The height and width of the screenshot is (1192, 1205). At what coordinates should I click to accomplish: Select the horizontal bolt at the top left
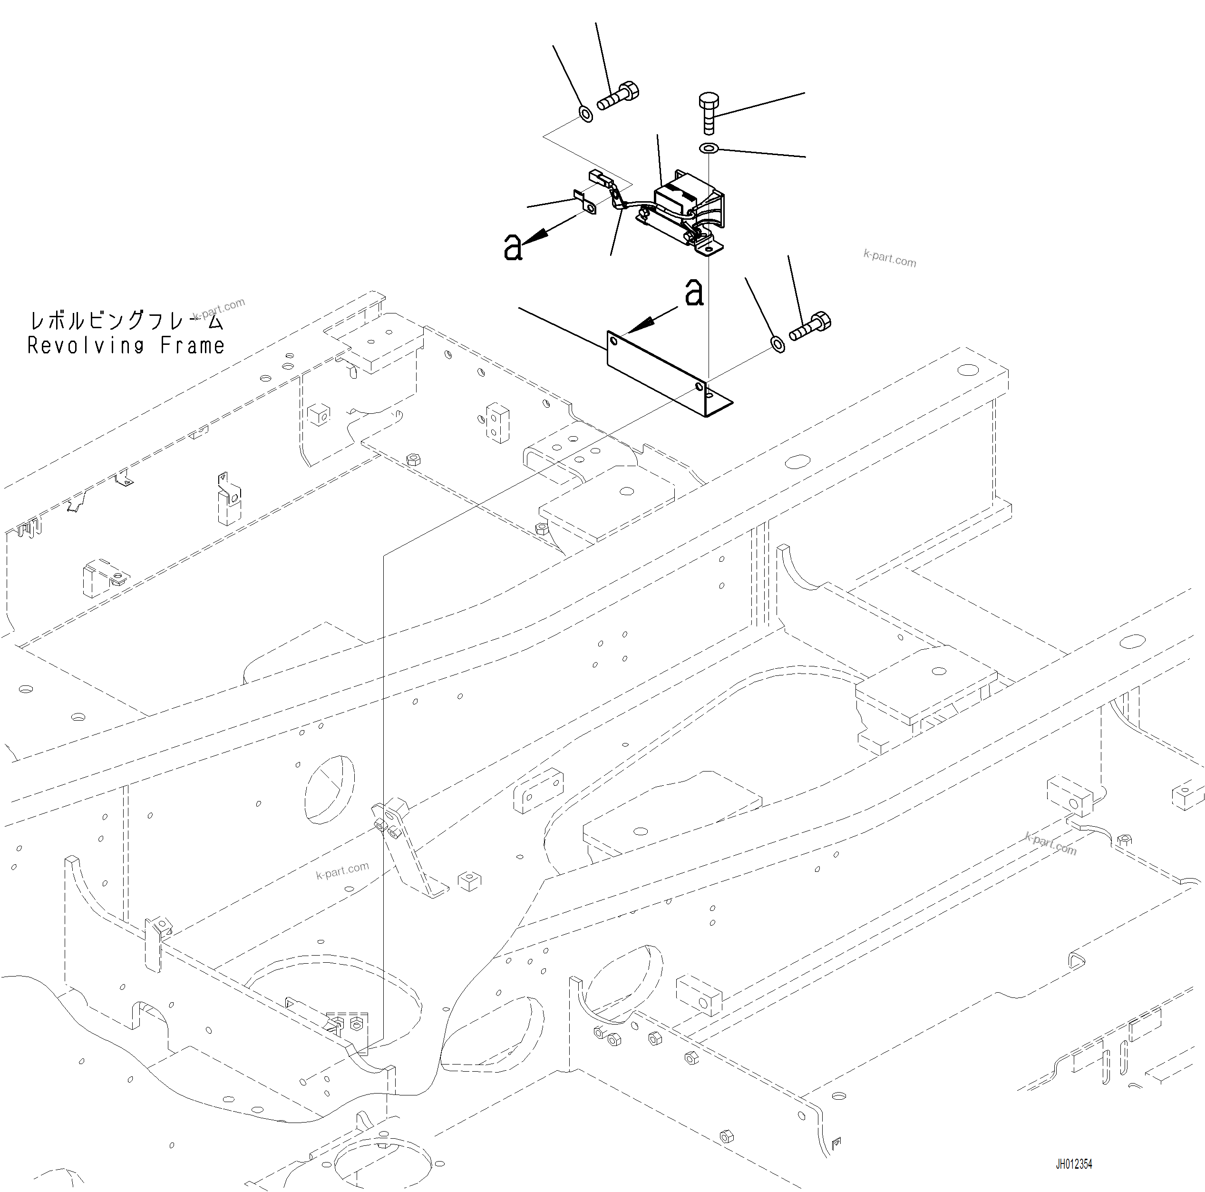tap(619, 97)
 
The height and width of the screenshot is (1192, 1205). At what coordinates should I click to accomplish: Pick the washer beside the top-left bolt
tap(586, 114)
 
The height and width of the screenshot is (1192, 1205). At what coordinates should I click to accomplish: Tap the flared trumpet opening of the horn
tap(715, 209)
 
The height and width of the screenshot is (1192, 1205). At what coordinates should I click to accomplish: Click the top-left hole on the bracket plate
tap(614, 341)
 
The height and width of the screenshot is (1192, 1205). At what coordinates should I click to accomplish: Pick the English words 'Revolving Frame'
tap(126, 345)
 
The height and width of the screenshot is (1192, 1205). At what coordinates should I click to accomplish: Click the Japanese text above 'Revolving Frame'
tap(126, 321)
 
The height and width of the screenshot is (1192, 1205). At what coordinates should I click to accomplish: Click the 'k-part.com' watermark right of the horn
tap(889, 258)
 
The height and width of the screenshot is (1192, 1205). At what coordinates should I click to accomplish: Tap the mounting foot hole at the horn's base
tap(709, 249)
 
